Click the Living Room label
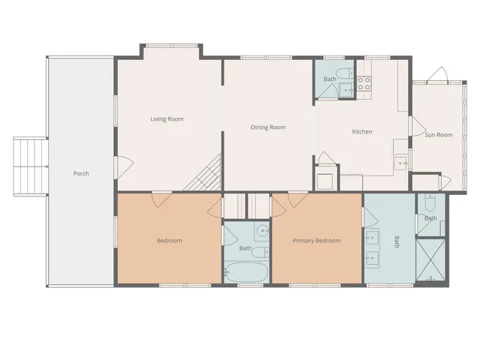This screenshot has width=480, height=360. click(x=166, y=118)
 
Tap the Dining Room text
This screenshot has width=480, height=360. click(x=268, y=127)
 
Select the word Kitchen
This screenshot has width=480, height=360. click(x=362, y=132)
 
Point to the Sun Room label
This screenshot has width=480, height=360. click(x=439, y=135)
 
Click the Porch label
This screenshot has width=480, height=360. click(x=81, y=173)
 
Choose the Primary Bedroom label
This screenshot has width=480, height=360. click(x=316, y=241)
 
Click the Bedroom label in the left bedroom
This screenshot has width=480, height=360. click(x=169, y=241)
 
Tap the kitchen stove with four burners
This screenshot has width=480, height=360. click(x=365, y=83)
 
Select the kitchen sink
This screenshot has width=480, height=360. click(x=401, y=162)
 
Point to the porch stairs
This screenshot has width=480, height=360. click(x=31, y=166)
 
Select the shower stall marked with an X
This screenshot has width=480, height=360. click(x=430, y=260)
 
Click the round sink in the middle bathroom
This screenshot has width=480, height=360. click(x=262, y=231)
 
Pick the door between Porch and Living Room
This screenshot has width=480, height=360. click(x=122, y=166)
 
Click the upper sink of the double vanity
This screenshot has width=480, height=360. click(x=370, y=238)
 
